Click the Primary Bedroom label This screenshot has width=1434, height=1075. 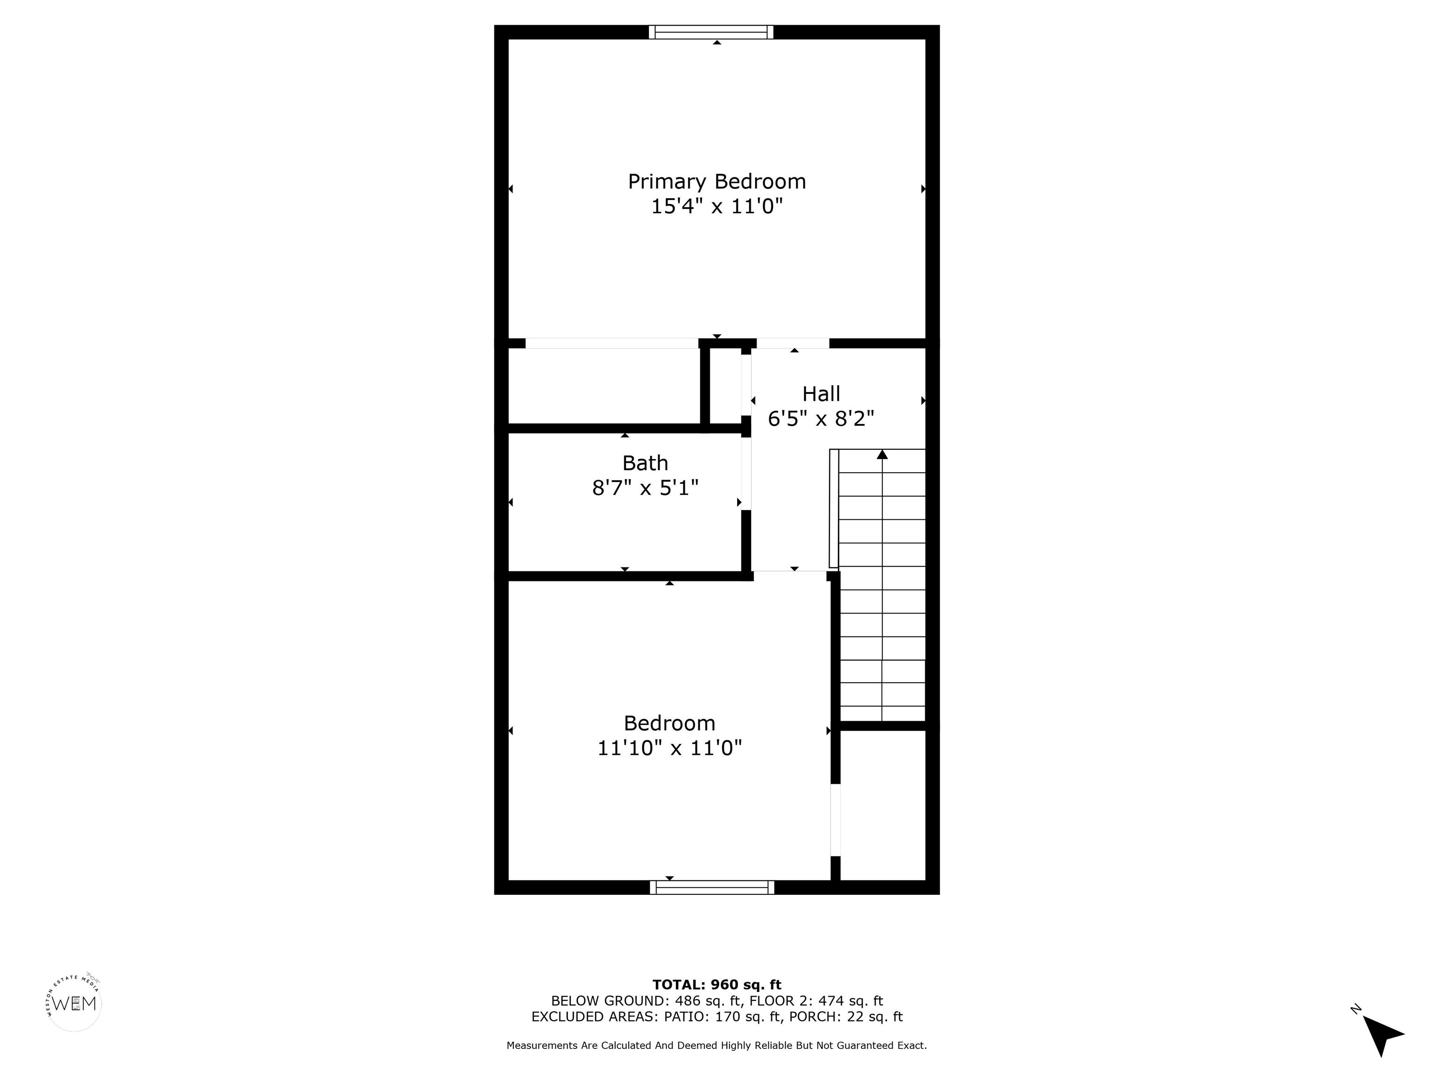[717, 182]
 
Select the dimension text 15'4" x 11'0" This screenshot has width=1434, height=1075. [717, 207]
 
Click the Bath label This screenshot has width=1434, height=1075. [645, 463]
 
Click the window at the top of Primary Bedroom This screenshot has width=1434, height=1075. [711, 32]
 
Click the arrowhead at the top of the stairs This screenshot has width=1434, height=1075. [882, 454]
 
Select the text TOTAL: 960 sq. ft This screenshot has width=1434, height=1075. [717, 985]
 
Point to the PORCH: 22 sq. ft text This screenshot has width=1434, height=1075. [845, 1017]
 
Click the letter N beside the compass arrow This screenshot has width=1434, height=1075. [1355, 1008]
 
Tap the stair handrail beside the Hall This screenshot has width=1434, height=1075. [834, 510]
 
